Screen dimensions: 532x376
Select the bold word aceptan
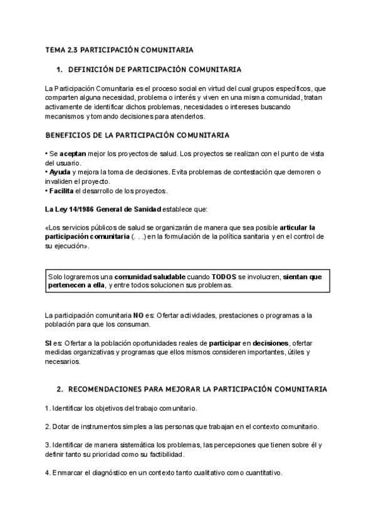coord(72,154)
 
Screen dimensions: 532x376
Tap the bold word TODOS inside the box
coord(224,276)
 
